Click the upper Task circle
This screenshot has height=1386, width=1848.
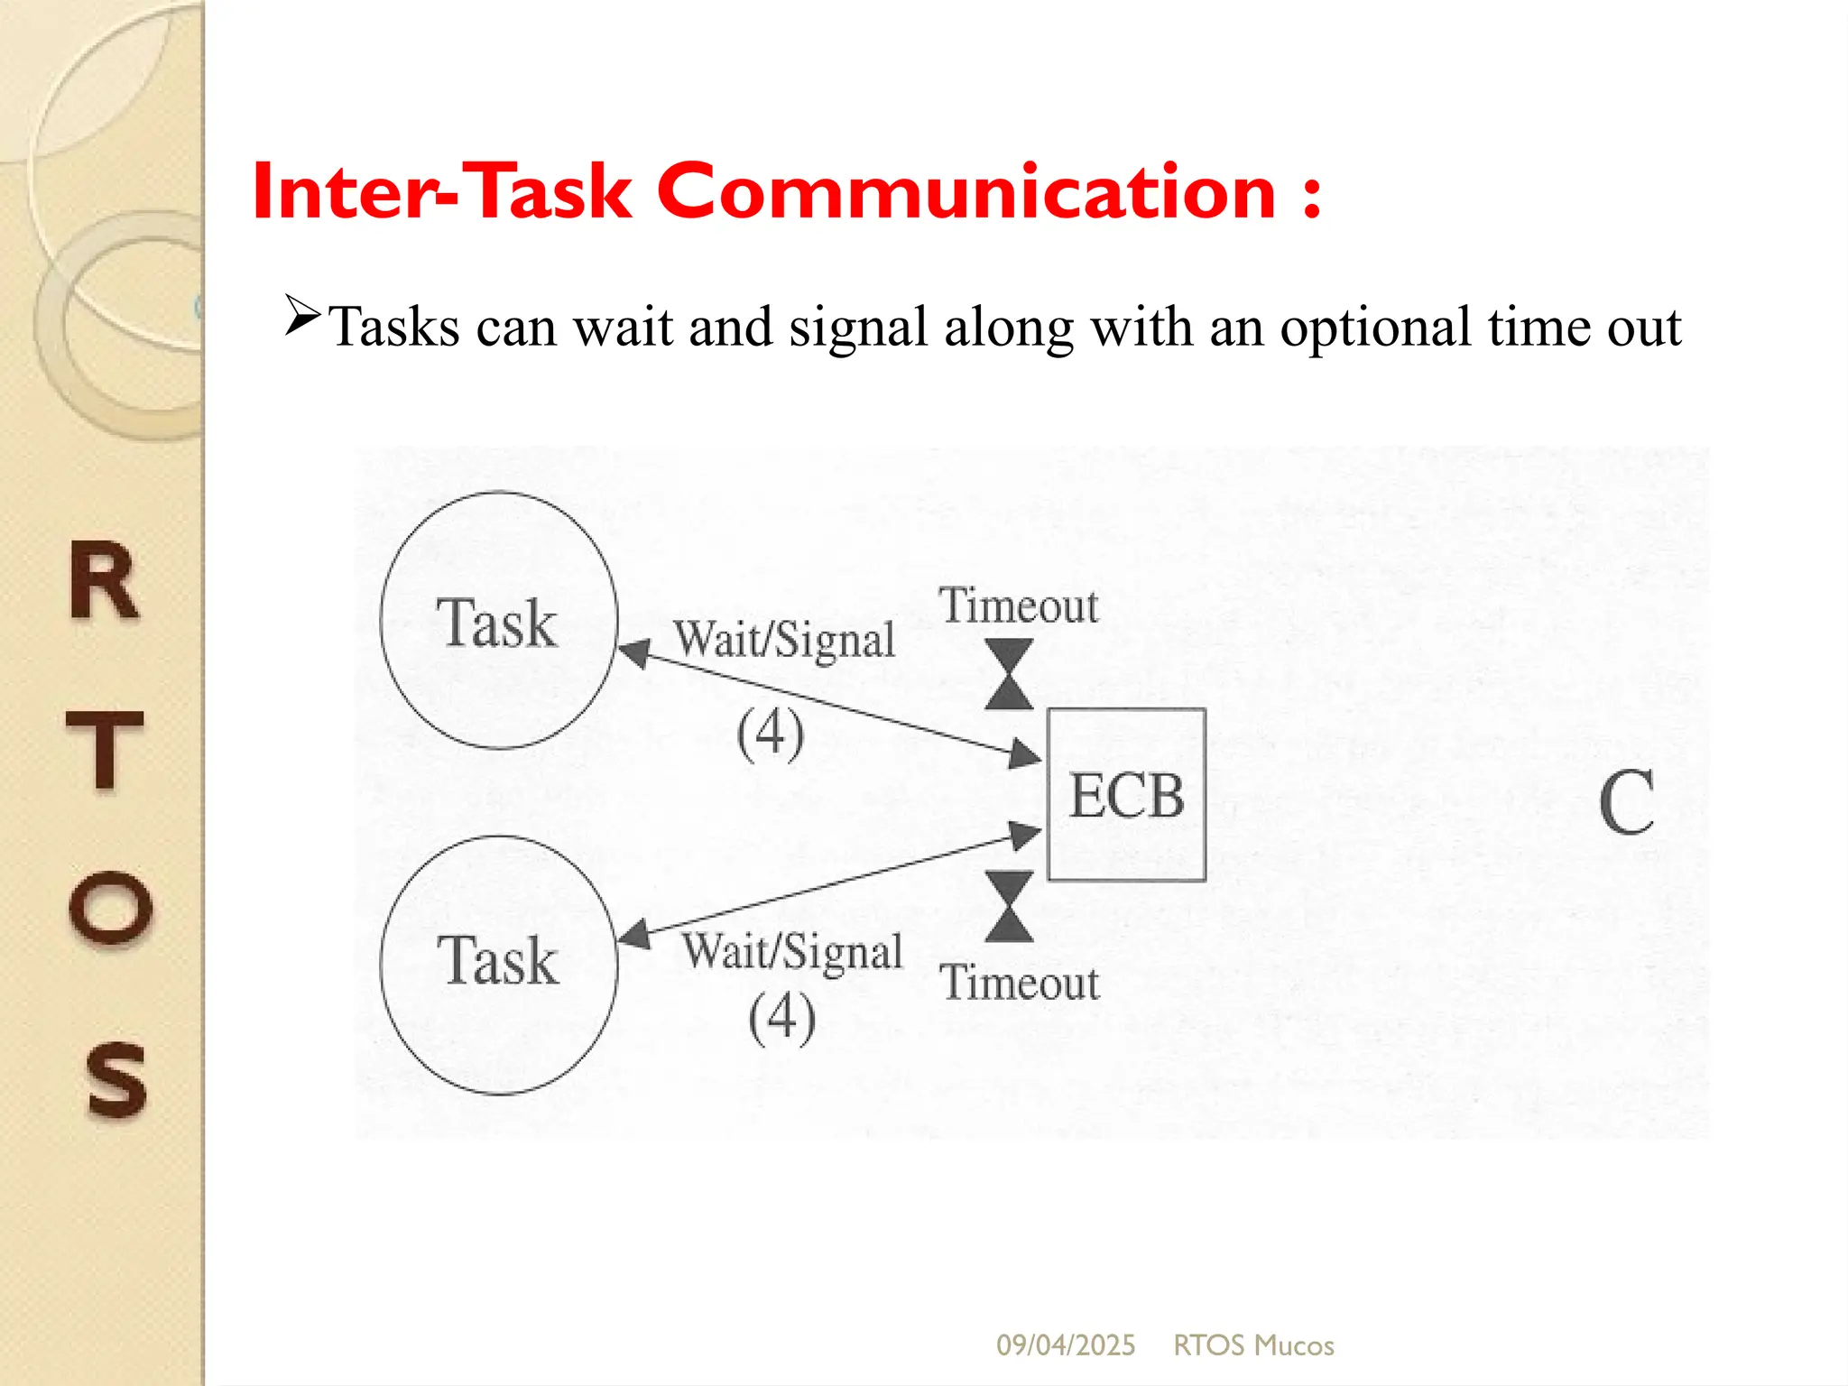click(x=499, y=621)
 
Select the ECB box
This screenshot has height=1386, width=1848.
click(x=1126, y=794)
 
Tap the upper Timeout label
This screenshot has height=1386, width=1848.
click(x=1019, y=605)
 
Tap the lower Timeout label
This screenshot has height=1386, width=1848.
click(x=1020, y=982)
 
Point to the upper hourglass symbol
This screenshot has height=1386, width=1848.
click(x=1009, y=674)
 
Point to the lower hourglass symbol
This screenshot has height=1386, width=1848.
click(x=1009, y=906)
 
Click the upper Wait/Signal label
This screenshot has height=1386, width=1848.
click(x=784, y=640)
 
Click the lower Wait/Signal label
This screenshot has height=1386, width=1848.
click(x=792, y=952)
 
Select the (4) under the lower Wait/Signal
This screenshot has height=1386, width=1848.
click(x=781, y=1017)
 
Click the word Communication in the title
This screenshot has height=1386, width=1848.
click(x=966, y=191)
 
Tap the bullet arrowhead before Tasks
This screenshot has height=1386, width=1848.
click(x=302, y=315)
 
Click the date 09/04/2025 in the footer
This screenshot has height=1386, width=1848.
click(x=1065, y=1345)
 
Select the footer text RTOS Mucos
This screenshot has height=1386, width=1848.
click(x=1252, y=1345)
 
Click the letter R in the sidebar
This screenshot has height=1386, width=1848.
click(x=106, y=582)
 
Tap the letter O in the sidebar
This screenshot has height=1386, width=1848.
click(x=110, y=907)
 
